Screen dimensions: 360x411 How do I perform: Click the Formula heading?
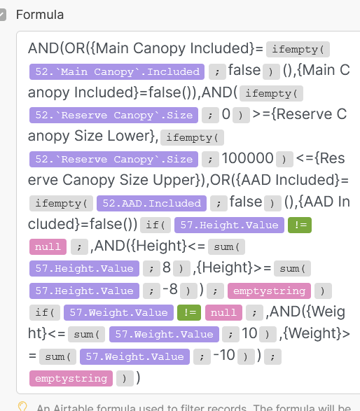[40, 15]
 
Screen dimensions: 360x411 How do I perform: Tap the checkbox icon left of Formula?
[3, 15]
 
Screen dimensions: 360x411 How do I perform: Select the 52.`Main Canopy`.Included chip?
[117, 71]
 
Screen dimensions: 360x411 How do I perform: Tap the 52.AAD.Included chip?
[151, 203]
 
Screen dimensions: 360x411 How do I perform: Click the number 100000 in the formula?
[247, 158]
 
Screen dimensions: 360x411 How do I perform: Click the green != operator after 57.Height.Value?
[300, 225]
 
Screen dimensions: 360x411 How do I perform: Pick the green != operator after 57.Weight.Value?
[189, 312]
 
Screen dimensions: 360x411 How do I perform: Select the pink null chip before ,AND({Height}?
[48, 246]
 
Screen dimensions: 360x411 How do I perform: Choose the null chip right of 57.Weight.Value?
[223, 312]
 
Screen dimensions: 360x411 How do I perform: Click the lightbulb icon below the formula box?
[22, 407]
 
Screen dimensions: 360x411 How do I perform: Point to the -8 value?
[170, 290]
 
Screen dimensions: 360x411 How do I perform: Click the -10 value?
[224, 356]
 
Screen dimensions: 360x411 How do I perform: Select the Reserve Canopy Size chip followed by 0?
[113, 115]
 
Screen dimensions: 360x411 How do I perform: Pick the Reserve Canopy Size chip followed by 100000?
[113, 159]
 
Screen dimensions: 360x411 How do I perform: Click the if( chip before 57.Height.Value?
[155, 225]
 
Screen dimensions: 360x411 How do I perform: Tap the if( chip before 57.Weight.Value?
[45, 312]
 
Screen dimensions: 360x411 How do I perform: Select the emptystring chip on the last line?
[71, 378]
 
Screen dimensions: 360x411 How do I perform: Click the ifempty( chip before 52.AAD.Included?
[61, 203]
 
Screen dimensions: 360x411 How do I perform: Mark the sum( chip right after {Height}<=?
[226, 246]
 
